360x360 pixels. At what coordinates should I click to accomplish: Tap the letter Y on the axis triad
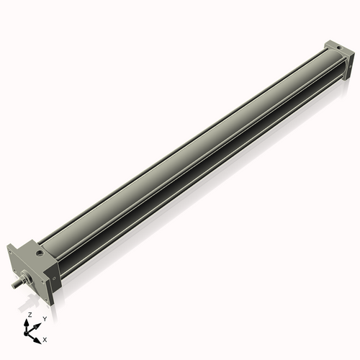pyautogui.click(x=45, y=319)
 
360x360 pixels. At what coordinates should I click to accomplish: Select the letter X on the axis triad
pyautogui.click(x=45, y=338)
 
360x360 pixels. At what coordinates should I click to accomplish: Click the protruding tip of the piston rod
pyautogui.click(x=16, y=285)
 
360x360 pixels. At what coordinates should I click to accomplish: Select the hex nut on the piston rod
pyautogui.click(x=28, y=276)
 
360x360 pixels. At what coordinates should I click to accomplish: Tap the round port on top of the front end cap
pyautogui.click(x=38, y=253)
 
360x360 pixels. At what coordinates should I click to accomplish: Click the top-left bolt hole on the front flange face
pyautogui.click(x=11, y=252)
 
